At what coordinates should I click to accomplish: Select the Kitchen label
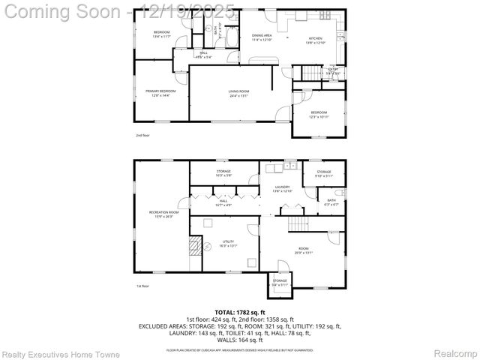(316, 39)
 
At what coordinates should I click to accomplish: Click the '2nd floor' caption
(142, 136)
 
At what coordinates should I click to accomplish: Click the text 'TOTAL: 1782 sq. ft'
(240, 311)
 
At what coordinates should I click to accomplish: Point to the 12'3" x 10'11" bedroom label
(319, 114)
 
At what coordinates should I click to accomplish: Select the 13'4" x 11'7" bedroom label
(161, 34)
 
